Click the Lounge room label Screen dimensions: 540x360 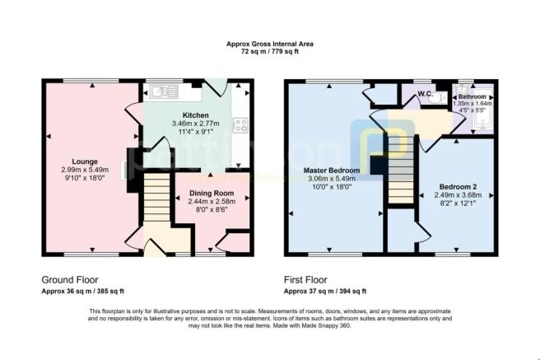pyautogui.click(x=85, y=161)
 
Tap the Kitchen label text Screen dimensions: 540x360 pyautogui.click(x=195, y=115)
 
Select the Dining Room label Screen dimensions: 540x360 pyautogui.click(x=212, y=194)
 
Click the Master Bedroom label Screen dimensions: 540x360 pyautogui.click(x=332, y=171)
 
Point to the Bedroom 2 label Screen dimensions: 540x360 pyautogui.click(x=458, y=187)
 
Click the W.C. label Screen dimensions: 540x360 pyautogui.click(x=426, y=94)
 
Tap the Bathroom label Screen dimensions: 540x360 pyautogui.click(x=472, y=97)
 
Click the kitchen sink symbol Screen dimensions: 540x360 pyautogui.click(x=165, y=91)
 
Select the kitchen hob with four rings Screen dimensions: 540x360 pyautogui.click(x=240, y=125)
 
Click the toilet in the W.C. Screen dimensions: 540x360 pyautogui.click(x=439, y=98)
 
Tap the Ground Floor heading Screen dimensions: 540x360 pyautogui.click(x=70, y=280)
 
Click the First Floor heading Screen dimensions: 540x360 pyautogui.click(x=305, y=280)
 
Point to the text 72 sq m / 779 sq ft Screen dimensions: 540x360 pyautogui.click(x=270, y=52)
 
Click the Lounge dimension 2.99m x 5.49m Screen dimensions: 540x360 pyautogui.click(x=85, y=170)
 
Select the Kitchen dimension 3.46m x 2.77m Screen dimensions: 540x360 pyautogui.click(x=196, y=124)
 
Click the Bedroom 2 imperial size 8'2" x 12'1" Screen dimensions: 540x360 pyautogui.click(x=458, y=203)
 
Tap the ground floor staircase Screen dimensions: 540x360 pyautogui.click(x=156, y=197)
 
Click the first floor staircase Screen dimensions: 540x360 pyautogui.click(x=401, y=170)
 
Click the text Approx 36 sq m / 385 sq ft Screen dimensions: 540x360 pyautogui.click(x=82, y=291)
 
